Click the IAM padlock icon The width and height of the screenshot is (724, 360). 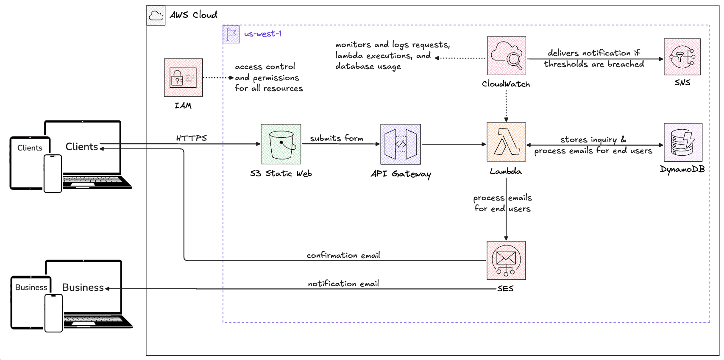[x=183, y=78]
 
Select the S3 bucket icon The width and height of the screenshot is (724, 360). [x=281, y=144]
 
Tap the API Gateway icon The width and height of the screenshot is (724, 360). [x=401, y=144]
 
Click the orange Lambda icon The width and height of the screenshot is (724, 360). [x=507, y=142]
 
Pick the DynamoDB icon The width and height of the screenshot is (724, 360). [x=683, y=142]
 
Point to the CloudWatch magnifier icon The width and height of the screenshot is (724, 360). [x=507, y=56]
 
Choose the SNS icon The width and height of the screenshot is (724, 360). [x=682, y=57]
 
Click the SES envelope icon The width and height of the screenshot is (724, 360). [x=506, y=260]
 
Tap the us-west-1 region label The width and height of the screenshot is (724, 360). [x=263, y=34]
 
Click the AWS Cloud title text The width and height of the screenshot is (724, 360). [x=193, y=15]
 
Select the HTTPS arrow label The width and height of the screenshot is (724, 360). [x=192, y=138]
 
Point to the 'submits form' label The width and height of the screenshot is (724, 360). [x=337, y=138]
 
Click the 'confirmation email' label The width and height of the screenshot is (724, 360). [x=343, y=255]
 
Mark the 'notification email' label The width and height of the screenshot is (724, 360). [x=343, y=284]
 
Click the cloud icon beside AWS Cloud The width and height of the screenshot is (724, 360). [x=156, y=16]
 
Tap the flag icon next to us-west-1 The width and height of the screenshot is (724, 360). [x=231, y=34]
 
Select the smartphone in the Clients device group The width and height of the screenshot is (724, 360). [x=53, y=173]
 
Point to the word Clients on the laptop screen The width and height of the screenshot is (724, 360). [x=82, y=147]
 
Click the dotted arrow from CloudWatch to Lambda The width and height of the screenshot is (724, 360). [x=506, y=106]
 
